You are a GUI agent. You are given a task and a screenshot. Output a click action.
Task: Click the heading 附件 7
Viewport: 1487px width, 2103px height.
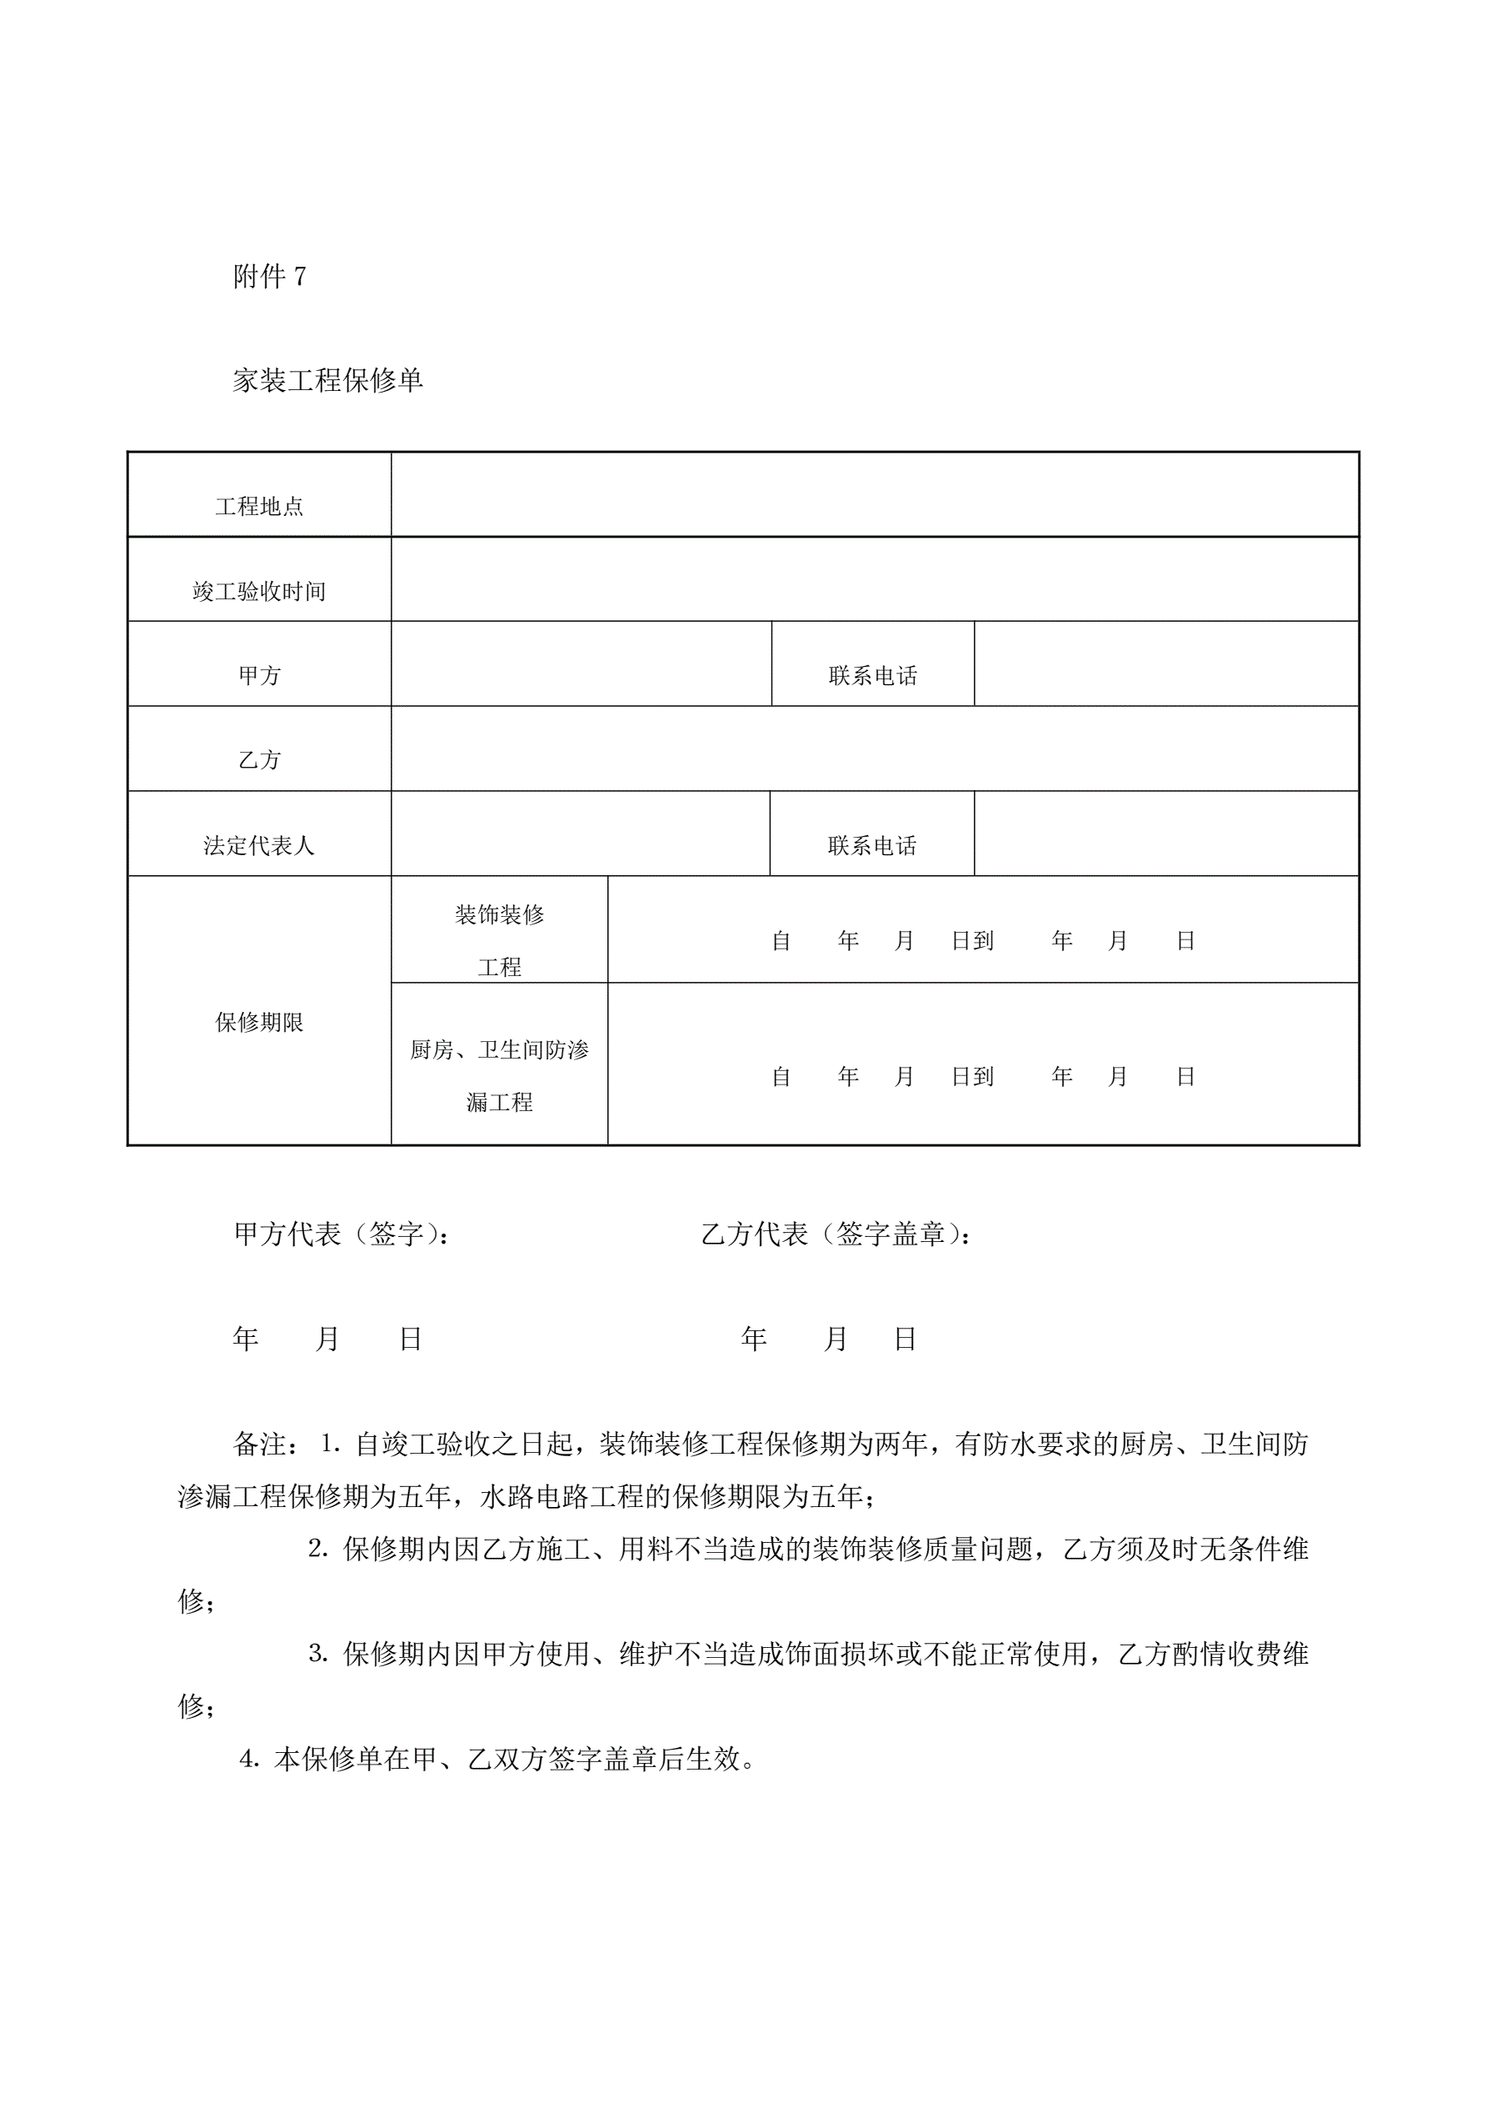coord(269,276)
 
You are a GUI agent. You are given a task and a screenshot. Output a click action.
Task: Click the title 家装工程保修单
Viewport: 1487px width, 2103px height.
coord(327,380)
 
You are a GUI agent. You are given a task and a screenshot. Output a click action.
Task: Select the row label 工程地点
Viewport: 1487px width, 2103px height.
coord(259,507)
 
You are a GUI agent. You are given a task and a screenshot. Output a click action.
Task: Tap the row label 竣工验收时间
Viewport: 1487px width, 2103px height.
coord(259,592)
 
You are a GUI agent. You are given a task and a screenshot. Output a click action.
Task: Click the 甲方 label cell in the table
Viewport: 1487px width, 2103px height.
coord(259,676)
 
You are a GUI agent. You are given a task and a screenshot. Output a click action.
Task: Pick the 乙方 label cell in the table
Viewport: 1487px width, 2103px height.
coord(259,760)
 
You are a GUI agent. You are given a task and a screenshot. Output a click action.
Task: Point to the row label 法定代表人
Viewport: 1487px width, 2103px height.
coord(259,845)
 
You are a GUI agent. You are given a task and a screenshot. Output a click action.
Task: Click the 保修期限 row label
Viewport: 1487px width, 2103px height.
coord(259,1022)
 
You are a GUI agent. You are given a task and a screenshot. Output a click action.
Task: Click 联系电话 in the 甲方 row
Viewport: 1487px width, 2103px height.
coord(872,676)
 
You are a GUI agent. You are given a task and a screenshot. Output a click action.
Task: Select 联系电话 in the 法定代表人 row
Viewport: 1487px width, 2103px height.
coord(871,845)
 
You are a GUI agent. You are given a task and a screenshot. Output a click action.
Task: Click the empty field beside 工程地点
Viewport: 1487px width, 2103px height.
coord(875,494)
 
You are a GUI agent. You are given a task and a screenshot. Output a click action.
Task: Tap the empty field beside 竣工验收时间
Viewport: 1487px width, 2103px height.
coord(875,578)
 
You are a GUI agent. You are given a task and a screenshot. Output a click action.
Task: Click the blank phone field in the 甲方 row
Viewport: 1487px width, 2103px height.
coord(1165,664)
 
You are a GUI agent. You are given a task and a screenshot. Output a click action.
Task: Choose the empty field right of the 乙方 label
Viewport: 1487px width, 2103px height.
coord(875,749)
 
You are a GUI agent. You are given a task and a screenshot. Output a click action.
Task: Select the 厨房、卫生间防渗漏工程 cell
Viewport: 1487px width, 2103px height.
coord(499,1075)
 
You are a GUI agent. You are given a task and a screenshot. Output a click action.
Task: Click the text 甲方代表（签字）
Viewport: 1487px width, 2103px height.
coord(341,1234)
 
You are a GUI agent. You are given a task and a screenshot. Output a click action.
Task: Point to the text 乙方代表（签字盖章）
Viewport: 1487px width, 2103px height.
coord(835,1234)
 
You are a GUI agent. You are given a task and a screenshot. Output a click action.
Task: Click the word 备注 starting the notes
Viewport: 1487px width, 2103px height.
coord(261,1445)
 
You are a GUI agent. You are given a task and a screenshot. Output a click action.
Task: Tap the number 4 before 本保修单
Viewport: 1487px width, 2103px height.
coord(247,1760)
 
